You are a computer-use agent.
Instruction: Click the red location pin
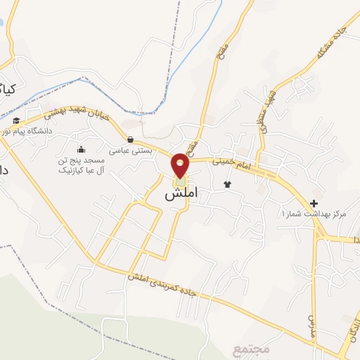click(181, 165)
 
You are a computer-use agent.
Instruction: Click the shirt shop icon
click(227, 184)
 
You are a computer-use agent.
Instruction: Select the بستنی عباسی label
click(129, 150)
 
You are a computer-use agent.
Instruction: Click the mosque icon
click(81, 148)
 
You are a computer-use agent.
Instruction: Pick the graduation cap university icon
click(15, 121)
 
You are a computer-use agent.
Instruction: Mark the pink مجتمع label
click(247, 349)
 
